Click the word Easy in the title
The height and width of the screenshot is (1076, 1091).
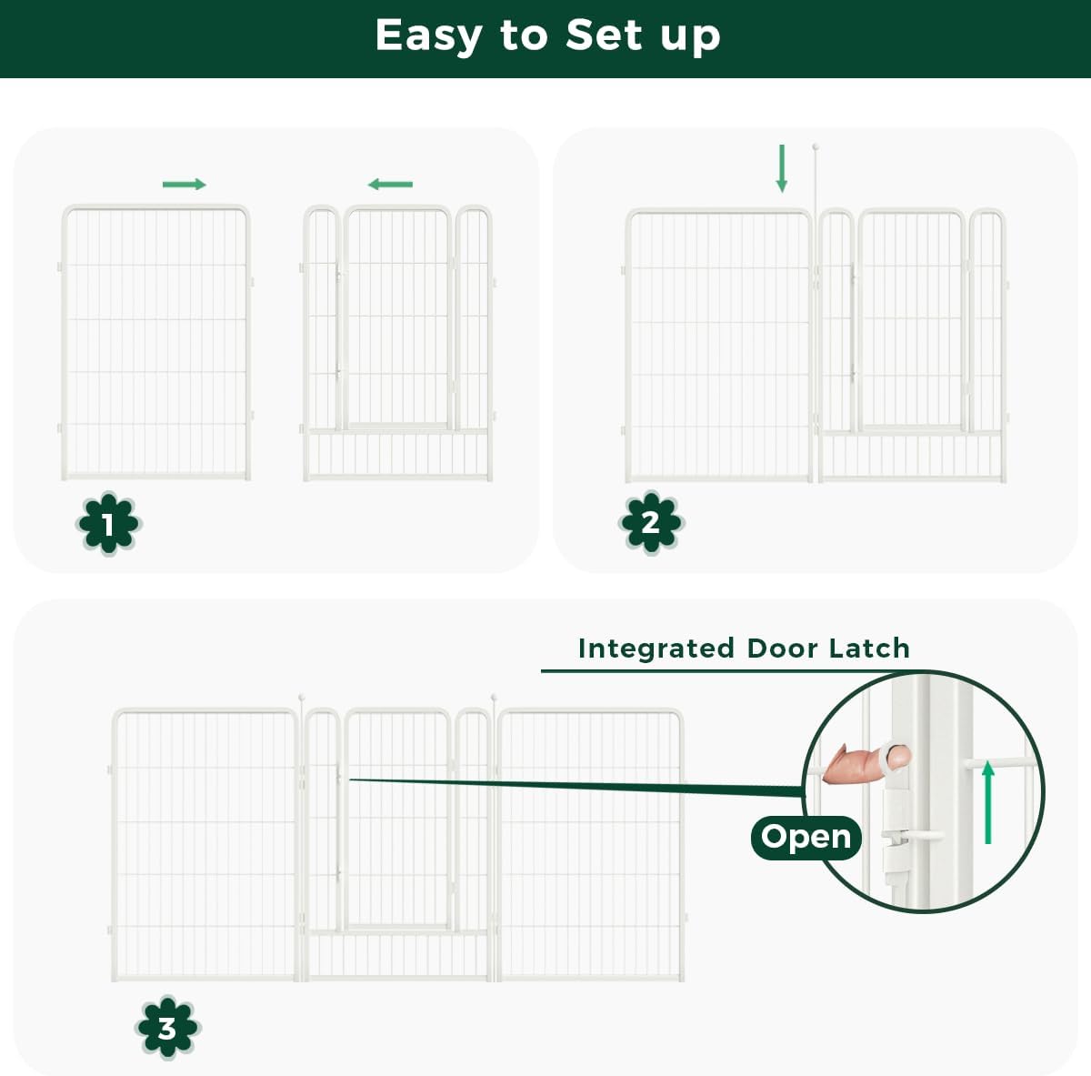(x=428, y=36)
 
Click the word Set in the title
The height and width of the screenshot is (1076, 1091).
(x=603, y=35)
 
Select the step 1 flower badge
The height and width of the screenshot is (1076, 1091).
(x=108, y=524)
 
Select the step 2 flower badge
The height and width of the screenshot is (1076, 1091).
(x=650, y=522)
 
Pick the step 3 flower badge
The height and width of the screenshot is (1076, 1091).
(x=167, y=1028)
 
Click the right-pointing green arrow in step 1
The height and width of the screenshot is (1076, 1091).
(x=185, y=185)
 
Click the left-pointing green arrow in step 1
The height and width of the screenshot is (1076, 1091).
(x=390, y=185)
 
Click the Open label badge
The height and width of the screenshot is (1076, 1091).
(x=806, y=837)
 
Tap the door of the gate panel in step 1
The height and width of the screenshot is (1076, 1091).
(x=397, y=318)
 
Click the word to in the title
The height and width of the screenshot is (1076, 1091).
(x=523, y=36)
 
